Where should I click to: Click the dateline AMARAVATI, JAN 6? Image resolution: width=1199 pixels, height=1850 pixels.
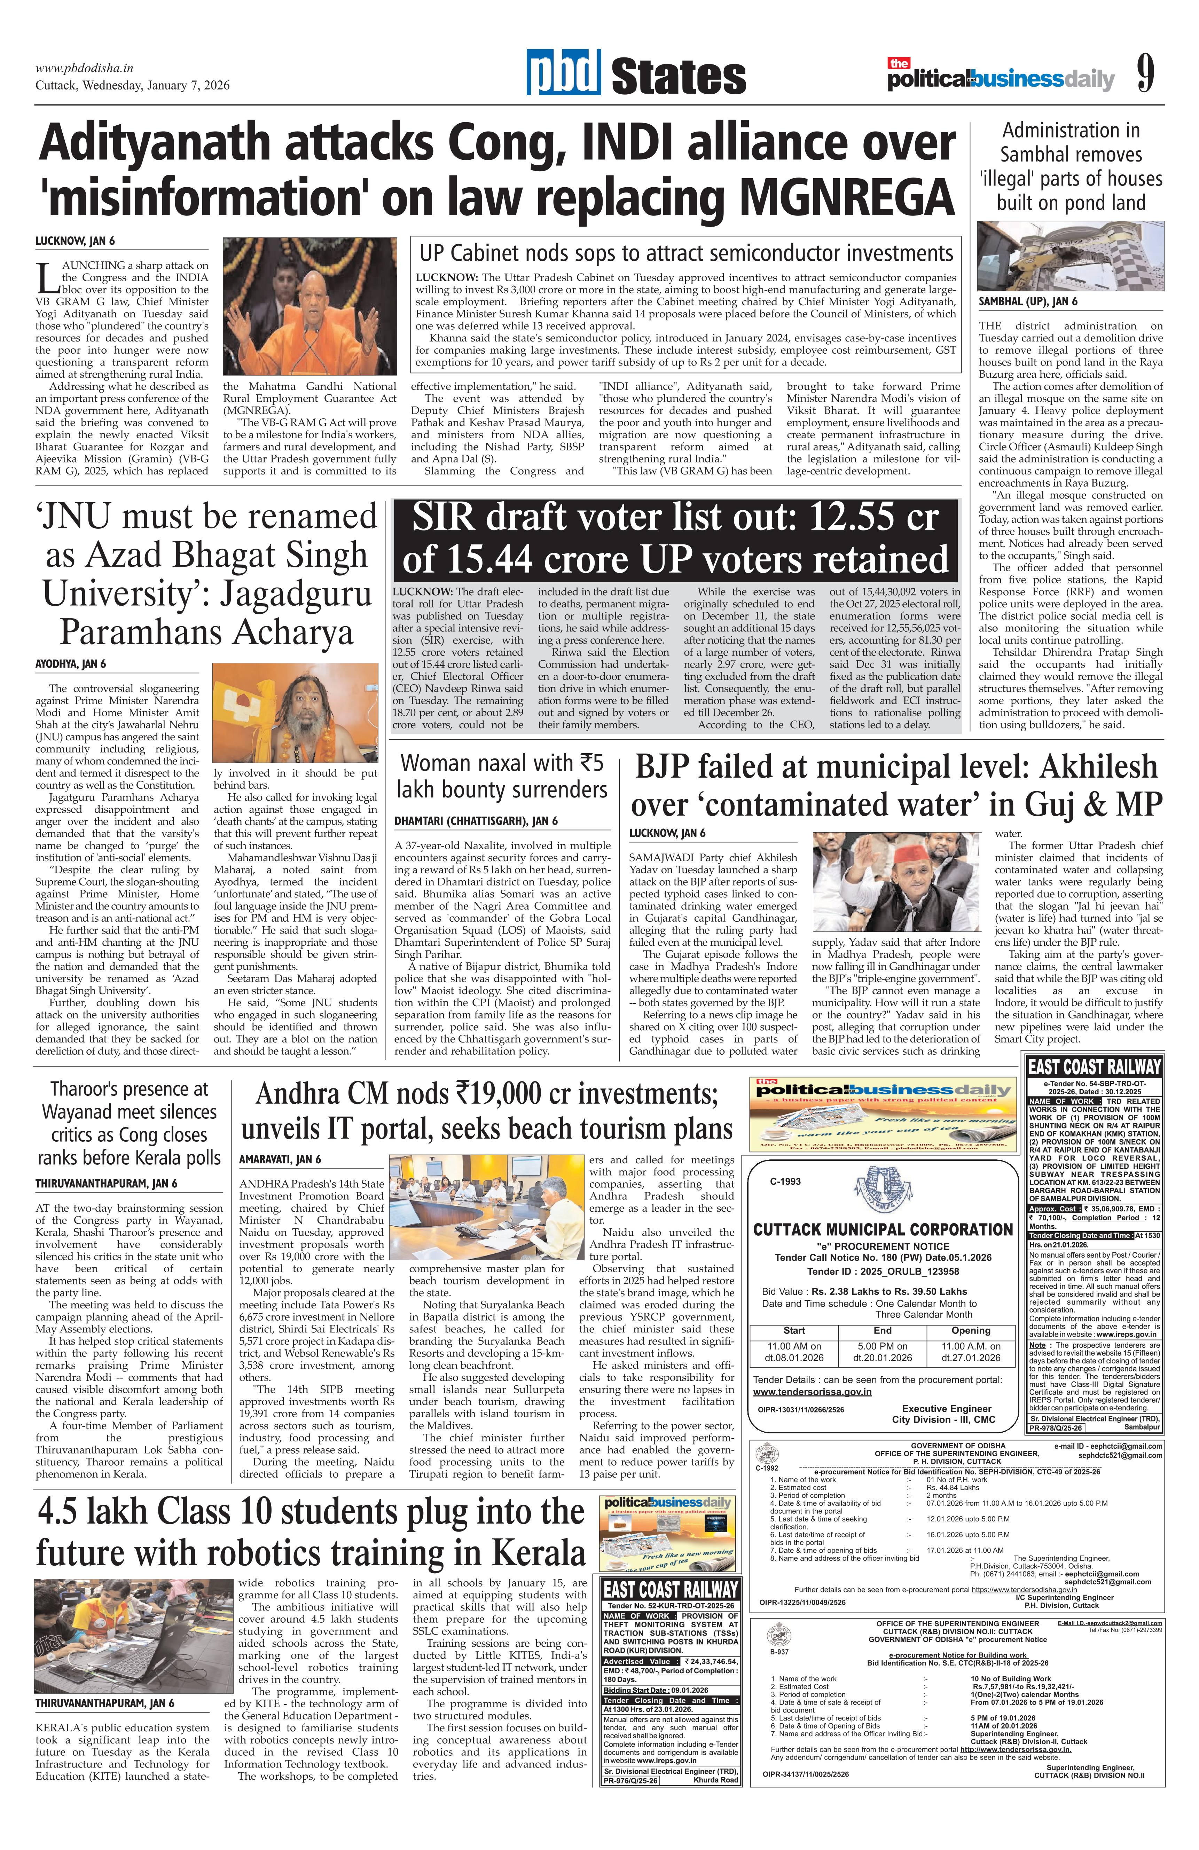(x=280, y=1159)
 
